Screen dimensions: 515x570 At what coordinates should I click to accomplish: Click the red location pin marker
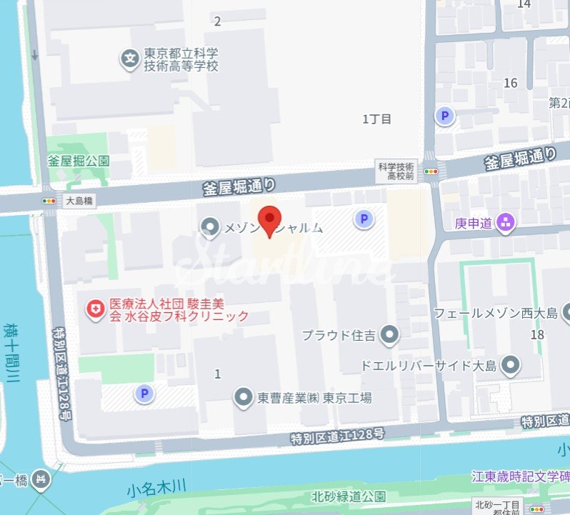pos(269,217)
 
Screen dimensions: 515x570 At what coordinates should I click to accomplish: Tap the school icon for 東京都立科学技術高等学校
pos(129,58)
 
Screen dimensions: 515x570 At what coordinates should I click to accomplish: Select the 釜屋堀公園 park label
pos(79,161)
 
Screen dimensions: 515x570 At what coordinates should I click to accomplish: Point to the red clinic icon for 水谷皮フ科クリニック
pos(94,309)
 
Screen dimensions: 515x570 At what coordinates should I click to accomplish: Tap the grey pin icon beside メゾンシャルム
pos(210,227)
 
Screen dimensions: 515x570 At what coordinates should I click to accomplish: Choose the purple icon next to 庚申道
pos(506,224)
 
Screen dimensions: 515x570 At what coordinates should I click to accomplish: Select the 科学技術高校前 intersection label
pos(396,171)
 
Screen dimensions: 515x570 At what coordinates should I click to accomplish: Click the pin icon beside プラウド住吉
pos(389,334)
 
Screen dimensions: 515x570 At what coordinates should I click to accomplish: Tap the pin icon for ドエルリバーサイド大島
pos(510,366)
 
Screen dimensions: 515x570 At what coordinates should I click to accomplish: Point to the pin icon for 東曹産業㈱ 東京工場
pos(244,397)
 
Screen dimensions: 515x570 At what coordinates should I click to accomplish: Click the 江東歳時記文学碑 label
pos(520,476)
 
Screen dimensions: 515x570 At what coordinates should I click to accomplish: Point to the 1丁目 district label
pos(377,119)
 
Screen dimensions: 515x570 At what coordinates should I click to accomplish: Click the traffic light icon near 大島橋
pos(49,201)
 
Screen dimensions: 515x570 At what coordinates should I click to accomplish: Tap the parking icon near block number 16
pos(446,116)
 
